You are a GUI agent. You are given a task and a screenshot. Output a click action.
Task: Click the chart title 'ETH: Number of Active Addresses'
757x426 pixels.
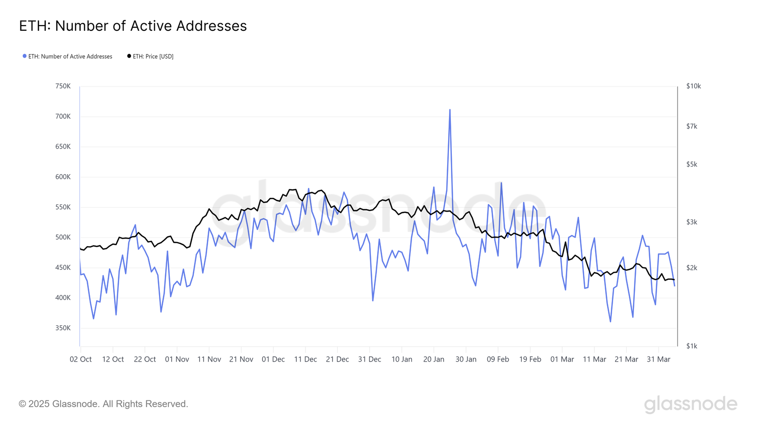[133, 26]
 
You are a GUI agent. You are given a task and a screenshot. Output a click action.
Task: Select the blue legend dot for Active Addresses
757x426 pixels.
[25, 56]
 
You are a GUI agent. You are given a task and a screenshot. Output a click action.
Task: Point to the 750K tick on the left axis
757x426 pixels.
[63, 86]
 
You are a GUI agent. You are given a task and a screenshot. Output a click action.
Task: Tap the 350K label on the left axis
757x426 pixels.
[63, 328]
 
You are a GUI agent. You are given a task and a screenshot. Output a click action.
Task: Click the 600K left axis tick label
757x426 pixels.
[63, 177]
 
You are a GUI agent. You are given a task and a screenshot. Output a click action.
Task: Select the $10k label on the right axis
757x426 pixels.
[694, 86]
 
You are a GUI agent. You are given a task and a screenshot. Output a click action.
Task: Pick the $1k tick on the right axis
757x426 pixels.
[692, 346]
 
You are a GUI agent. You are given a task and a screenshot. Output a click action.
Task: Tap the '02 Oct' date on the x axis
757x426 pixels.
[81, 359]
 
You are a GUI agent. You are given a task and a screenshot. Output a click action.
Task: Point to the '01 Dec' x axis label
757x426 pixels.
[273, 359]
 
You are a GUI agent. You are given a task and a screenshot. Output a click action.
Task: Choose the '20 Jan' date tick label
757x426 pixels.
[434, 359]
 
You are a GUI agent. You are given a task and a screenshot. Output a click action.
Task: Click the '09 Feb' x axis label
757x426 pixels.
[498, 359]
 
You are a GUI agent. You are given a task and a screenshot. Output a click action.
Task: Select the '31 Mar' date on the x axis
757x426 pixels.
[659, 359]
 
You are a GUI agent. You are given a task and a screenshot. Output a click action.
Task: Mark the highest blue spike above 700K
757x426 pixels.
[449, 110]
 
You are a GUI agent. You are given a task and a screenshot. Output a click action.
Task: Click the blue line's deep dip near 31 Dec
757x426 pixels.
[373, 301]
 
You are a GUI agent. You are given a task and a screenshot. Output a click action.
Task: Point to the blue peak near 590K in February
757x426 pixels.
[501, 183]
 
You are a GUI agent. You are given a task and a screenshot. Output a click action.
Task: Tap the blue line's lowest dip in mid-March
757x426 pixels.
[610, 322]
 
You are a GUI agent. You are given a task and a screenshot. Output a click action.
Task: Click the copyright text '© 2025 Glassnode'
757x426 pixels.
[104, 404]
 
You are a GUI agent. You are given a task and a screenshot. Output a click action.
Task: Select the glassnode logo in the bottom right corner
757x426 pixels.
[690, 404]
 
